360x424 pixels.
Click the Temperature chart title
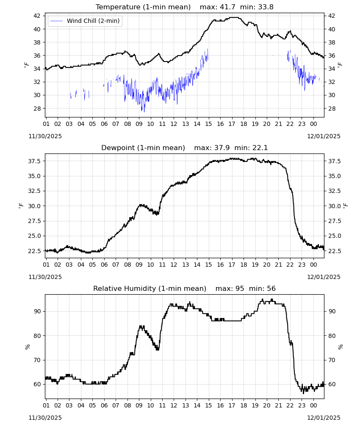click(143, 7)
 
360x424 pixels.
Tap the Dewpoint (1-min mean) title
click(143, 148)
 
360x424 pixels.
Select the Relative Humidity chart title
click(150, 288)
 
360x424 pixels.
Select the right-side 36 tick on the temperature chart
click(331, 56)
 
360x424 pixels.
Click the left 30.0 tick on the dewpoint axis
click(34, 206)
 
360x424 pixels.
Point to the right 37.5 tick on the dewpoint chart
click(334, 161)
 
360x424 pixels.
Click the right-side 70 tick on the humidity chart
click(331, 360)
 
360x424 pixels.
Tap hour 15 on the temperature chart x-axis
click(208, 124)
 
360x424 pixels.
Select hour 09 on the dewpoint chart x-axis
click(139, 265)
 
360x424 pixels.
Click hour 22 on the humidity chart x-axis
click(290, 406)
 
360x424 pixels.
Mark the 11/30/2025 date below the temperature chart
click(45, 136)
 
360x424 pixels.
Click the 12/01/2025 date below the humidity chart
click(324, 418)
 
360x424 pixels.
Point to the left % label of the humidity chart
click(27, 347)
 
